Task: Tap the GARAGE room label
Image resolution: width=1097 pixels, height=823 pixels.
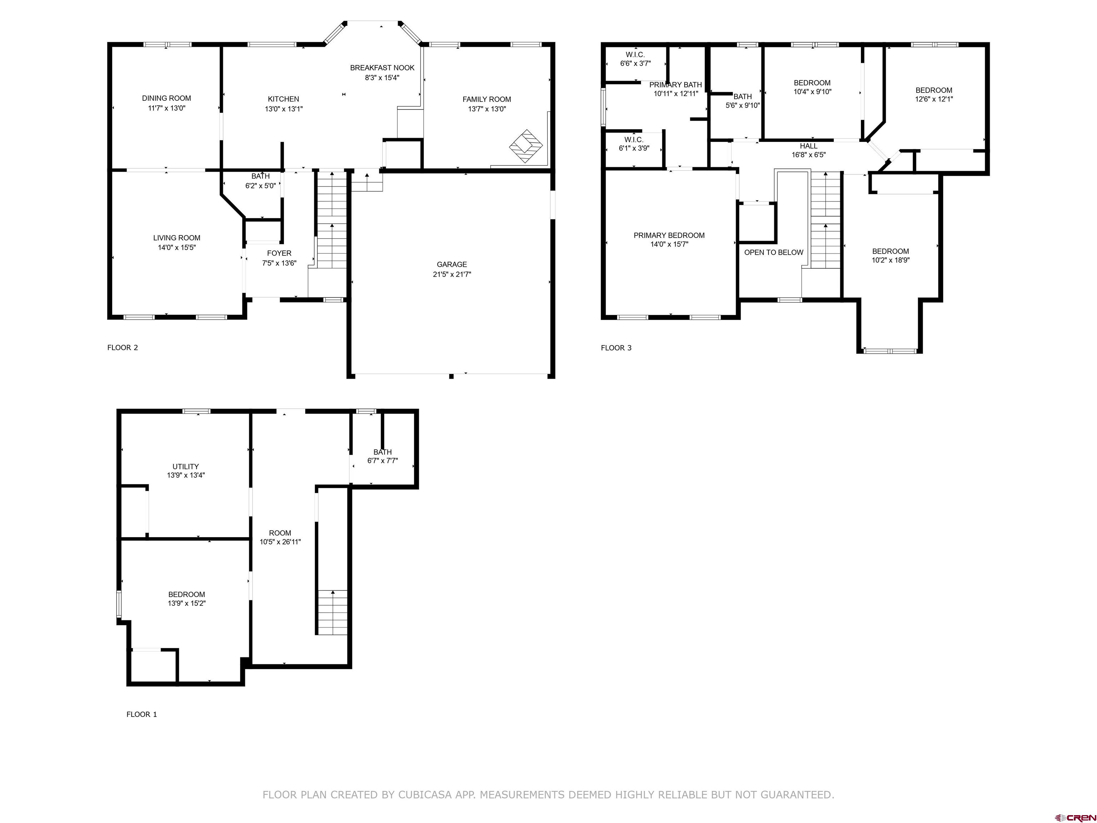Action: pyautogui.click(x=452, y=264)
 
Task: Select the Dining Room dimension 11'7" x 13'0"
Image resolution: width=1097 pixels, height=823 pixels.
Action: pyautogui.click(x=167, y=108)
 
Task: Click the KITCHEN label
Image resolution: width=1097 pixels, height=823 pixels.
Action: pyautogui.click(x=284, y=99)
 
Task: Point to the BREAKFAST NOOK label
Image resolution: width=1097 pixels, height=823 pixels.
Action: pyautogui.click(x=382, y=68)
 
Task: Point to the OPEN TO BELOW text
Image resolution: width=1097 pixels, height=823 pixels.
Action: pyautogui.click(x=774, y=253)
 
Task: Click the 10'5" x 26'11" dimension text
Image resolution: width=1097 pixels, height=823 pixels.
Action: pyautogui.click(x=280, y=542)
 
